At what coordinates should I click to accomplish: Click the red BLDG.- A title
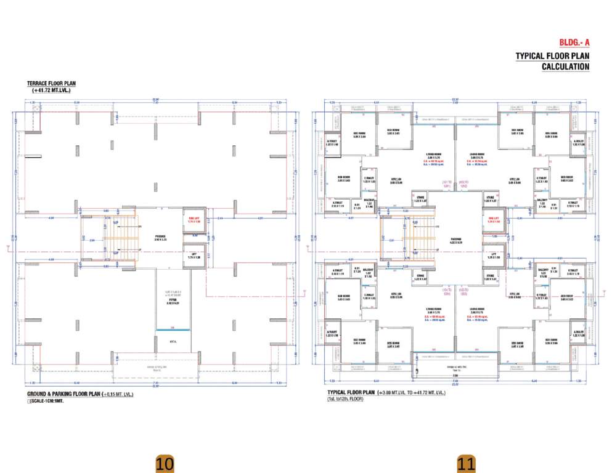(x=574, y=42)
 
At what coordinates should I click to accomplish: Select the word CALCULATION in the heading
(x=565, y=67)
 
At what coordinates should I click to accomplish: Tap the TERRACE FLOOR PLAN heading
(x=52, y=83)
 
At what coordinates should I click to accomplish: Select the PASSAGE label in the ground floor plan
(x=161, y=236)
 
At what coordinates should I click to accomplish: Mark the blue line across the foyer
(x=173, y=331)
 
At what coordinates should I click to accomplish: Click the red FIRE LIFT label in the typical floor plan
(x=492, y=219)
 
